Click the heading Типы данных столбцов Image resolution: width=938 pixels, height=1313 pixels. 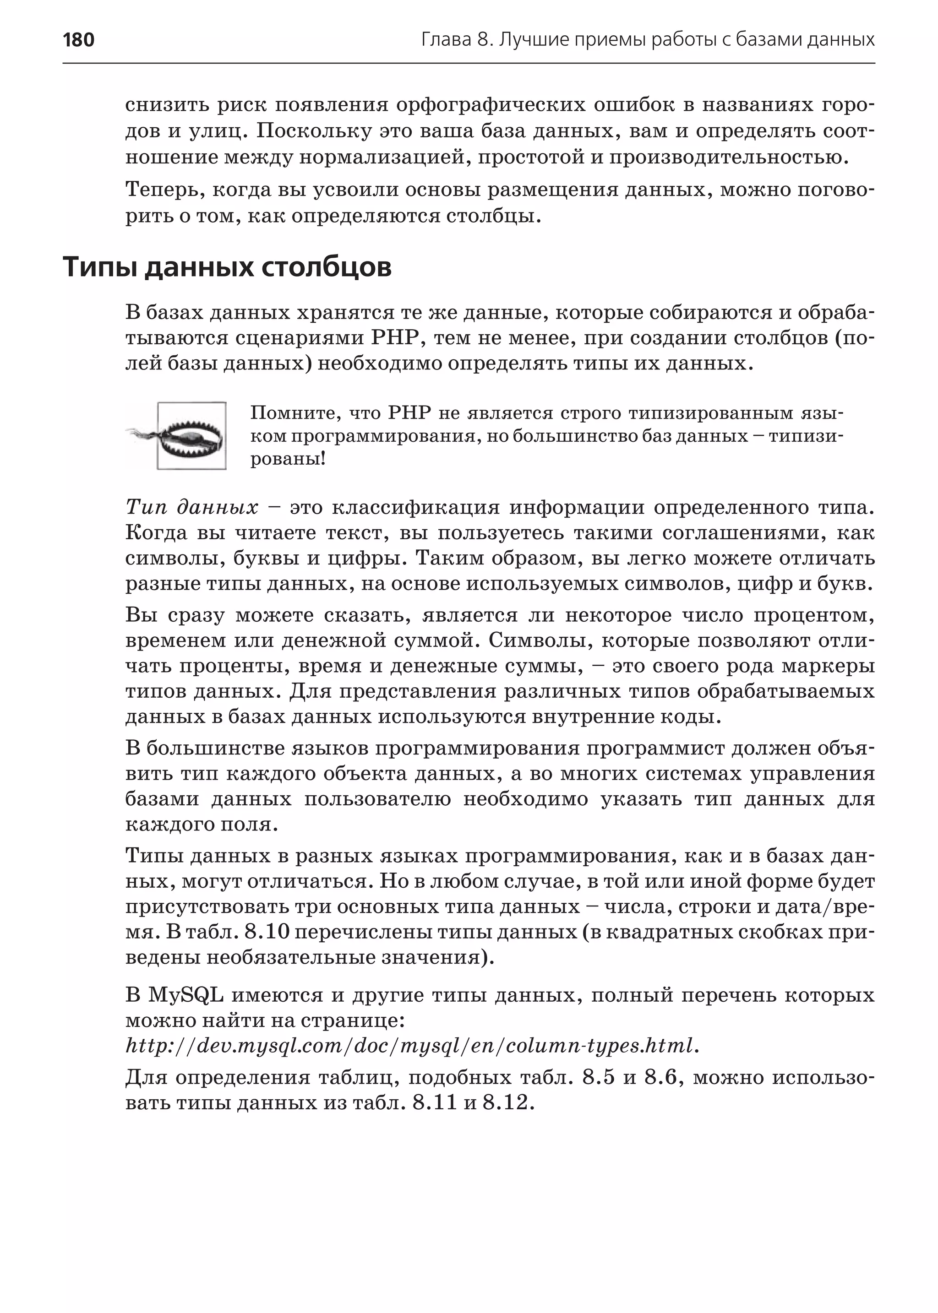pyautogui.click(x=227, y=267)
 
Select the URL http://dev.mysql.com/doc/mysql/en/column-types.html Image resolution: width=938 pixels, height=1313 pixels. pyautogui.click(x=412, y=1046)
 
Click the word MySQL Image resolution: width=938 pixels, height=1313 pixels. pyautogui.click(x=186, y=995)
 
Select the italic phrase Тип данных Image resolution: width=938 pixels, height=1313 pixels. pyautogui.click(x=192, y=507)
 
